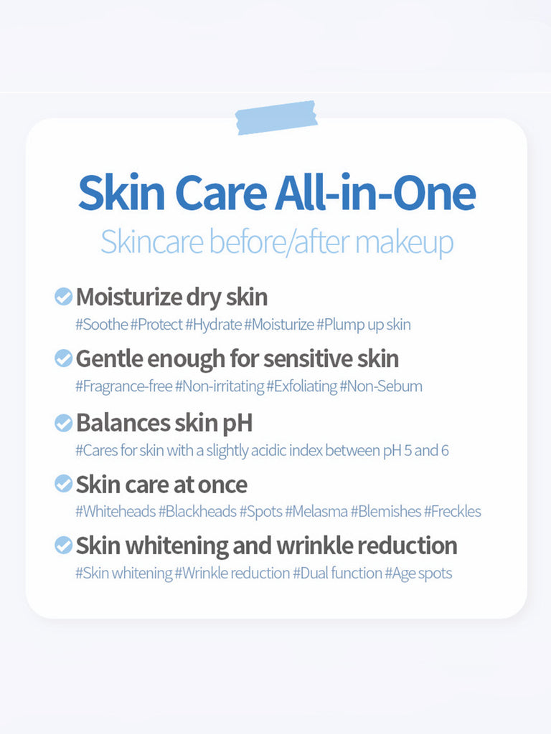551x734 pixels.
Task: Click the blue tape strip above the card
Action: (x=276, y=118)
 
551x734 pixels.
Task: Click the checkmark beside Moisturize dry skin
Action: (x=63, y=296)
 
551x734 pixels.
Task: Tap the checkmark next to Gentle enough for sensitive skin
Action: (x=63, y=358)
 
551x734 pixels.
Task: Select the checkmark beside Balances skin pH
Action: (x=63, y=423)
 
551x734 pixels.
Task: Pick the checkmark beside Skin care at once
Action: (x=63, y=484)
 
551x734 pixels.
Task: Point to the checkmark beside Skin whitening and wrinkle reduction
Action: (x=63, y=545)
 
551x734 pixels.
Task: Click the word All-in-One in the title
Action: (x=375, y=192)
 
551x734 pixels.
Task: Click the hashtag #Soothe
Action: (x=102, y=325)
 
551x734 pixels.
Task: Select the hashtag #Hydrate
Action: (x=214, y=325)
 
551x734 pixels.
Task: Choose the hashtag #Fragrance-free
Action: (x=124, y=386)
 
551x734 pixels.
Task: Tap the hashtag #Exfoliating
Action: (x=302, y=386)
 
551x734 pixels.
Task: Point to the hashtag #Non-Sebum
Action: (x=381, y=386)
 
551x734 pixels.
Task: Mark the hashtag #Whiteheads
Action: (x=116, y=511)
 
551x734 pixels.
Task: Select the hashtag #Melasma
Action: (x=316, y=511)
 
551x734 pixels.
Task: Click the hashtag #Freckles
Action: (x=453, y=511)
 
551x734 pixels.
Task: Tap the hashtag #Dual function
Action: (x=338, y=573)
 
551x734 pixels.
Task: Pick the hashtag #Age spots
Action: (x=418, y=573)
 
